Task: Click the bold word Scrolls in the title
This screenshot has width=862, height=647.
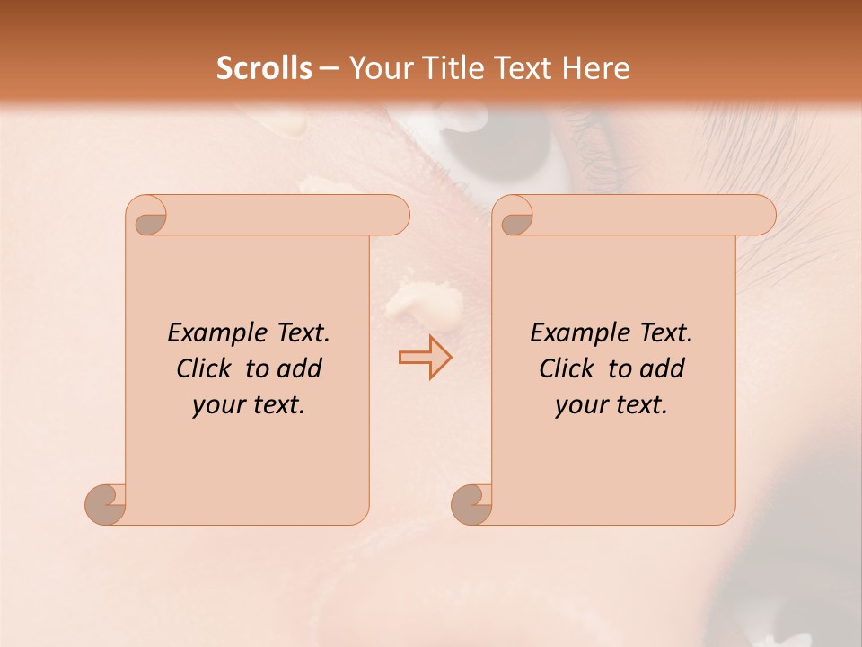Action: coord(265,68)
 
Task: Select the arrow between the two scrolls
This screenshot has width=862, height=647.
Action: coord(425,358)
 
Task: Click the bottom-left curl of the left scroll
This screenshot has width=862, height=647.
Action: coord(106,504)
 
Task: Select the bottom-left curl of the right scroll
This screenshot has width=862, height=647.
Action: coord(472,504)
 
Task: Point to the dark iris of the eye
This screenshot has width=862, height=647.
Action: coord(485,148)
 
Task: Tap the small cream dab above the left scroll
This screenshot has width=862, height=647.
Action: coord(317,185)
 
